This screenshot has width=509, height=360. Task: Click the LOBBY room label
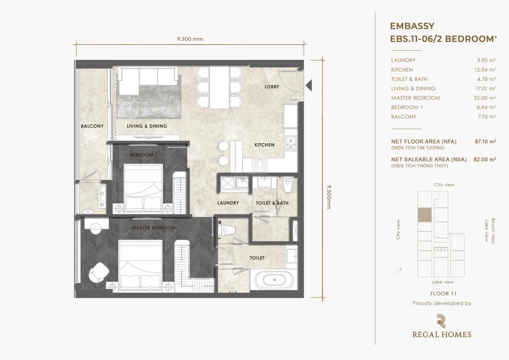(x=272, y=87)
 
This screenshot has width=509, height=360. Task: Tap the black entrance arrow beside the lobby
(x=309, y=86)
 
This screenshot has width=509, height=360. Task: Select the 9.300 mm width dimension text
(x=190, y=39)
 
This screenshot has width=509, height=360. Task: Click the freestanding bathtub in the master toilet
(x=274, y=280)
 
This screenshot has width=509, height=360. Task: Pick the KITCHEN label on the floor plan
(x=264, y=145)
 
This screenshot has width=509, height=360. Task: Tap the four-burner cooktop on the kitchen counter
(x=260, y=165)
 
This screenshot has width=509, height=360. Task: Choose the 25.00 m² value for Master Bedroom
(x=485, y=98)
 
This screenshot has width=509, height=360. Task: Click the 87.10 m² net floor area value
(x=485, y=141)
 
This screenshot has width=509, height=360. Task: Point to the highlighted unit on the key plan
(x=424, y=215)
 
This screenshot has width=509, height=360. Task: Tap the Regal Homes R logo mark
(x=441, y=321)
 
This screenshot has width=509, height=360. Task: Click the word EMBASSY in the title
(x=412, y=26)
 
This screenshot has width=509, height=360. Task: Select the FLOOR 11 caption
(x=443, y=293)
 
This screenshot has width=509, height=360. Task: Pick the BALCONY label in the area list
(x=404, y=117)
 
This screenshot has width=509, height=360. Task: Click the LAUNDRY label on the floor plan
(x=228, y=203)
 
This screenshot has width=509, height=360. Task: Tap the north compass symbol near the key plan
(x=398, y=273)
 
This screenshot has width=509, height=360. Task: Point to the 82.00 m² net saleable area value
(x=485, y=159)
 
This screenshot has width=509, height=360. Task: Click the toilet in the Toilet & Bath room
(x=288, y=184)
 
